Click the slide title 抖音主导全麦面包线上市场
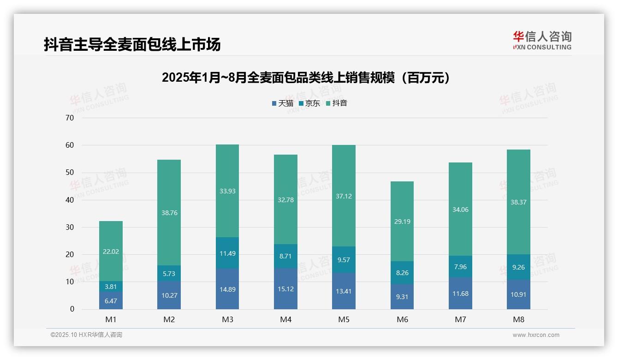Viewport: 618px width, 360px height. pos(132,44)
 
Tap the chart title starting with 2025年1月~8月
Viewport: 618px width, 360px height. pos(306,78)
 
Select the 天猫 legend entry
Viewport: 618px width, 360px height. pos(283,103)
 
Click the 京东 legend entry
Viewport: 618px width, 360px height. pos(310,103)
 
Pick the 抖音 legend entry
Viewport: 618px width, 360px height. pos(337,103)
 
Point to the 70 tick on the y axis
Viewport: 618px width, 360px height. pos(70,118)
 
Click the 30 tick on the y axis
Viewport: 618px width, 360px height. pos(70,227)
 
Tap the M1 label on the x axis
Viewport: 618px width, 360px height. pos(111,319)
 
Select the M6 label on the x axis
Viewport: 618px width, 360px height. pos(402,319)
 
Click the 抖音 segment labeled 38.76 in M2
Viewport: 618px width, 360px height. pos(169,213)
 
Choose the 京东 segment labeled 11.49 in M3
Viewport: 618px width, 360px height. pos(227,253)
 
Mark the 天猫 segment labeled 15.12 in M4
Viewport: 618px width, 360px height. pos(285,289)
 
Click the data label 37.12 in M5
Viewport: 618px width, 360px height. pos(344,196)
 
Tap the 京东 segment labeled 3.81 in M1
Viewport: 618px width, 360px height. pos(111,287)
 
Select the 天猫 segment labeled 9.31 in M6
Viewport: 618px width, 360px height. pos(402,297)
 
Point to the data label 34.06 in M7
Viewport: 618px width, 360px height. pos(460,210)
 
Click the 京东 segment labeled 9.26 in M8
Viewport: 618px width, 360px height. pos(518,267)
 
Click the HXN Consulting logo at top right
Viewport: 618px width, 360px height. pos(542,41)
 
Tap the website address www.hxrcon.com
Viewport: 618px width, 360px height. pos(536,335)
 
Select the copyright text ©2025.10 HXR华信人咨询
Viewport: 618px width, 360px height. pos(86,335)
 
